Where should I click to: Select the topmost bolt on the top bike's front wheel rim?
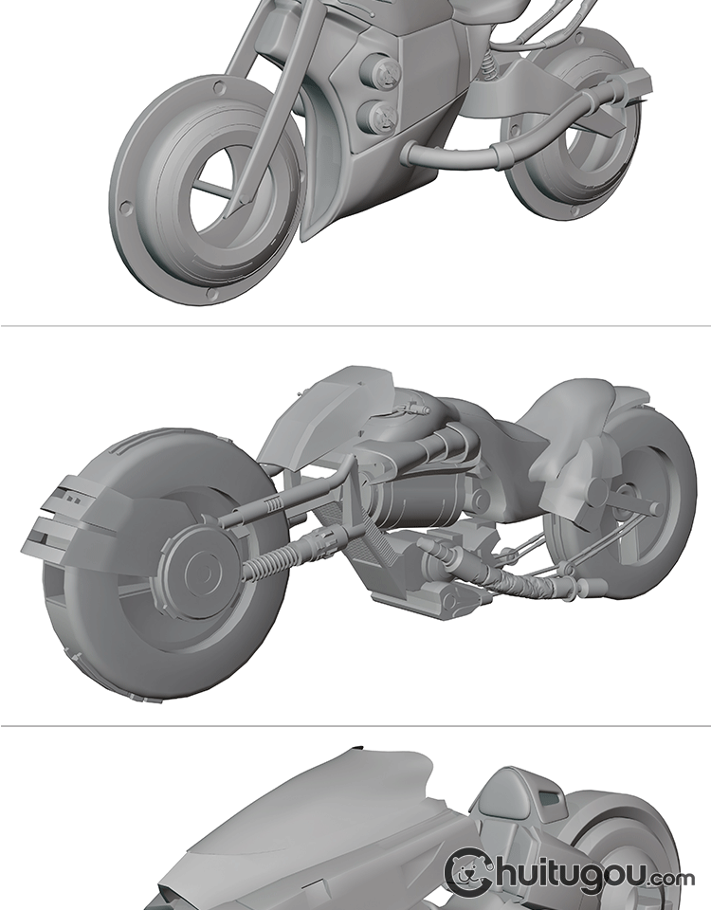[219, 88]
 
